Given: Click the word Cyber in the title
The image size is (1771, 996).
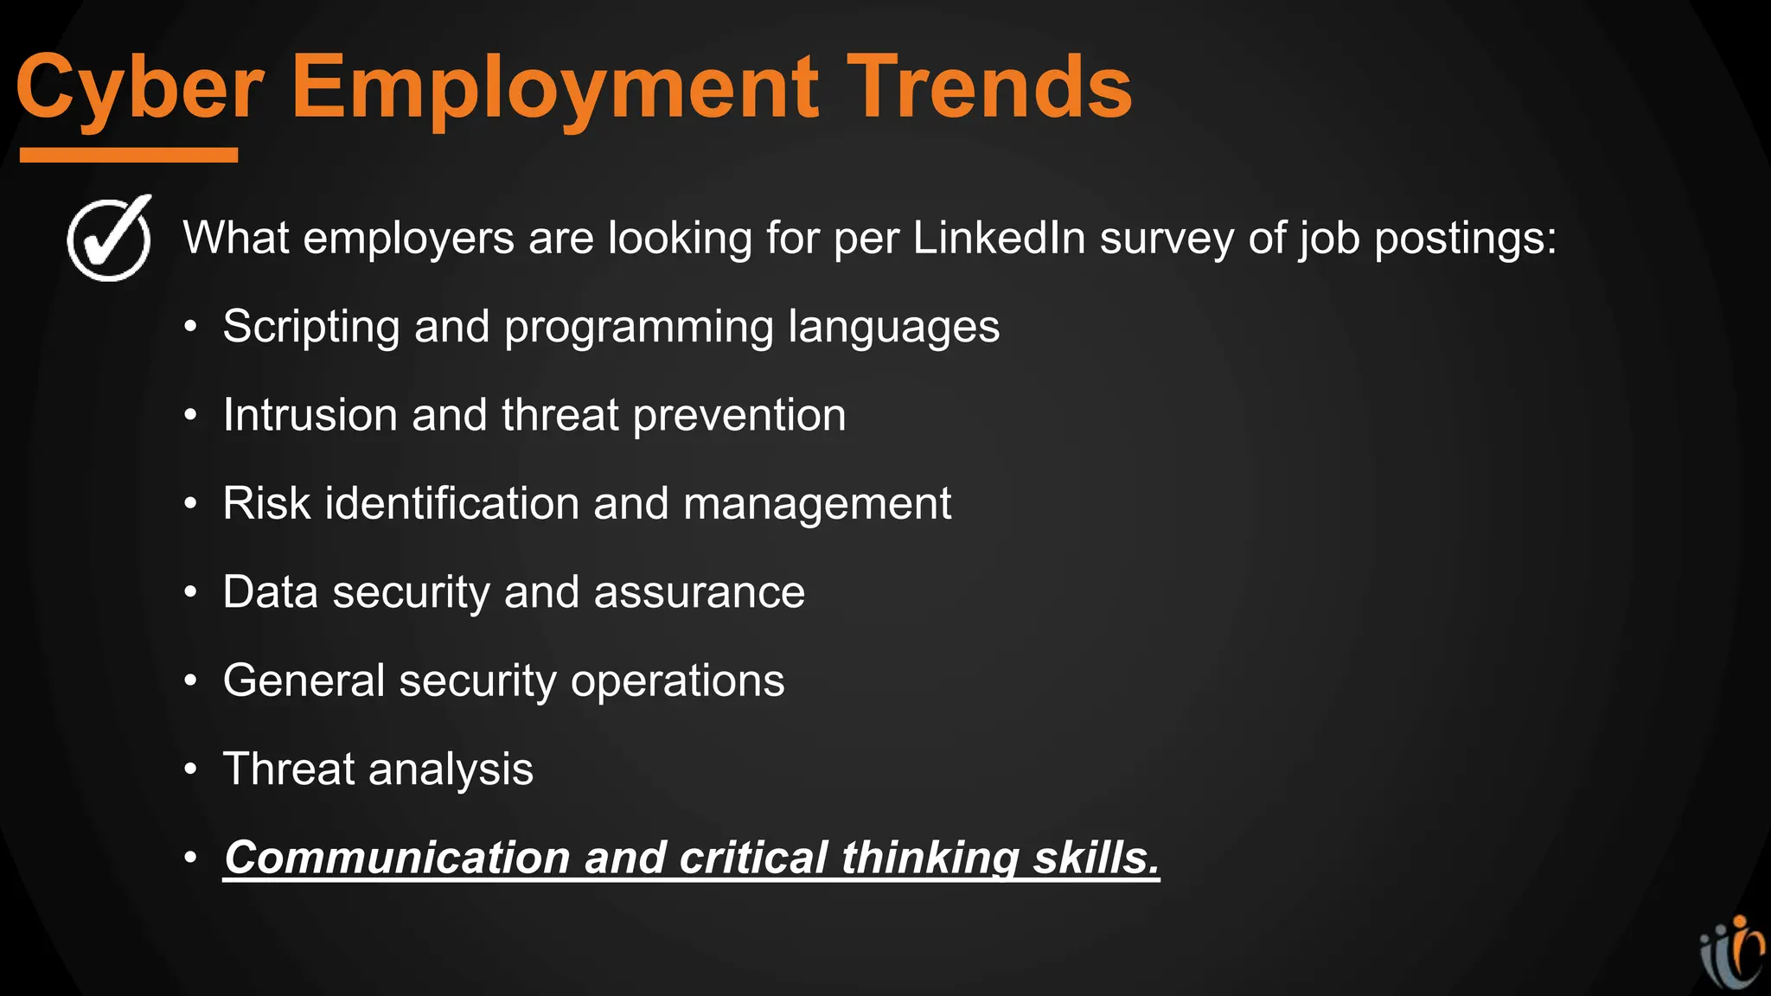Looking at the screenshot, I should pyautogui.click(x=139, y=87).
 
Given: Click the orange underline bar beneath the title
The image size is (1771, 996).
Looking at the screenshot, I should pyautogui.click(x=129, y=155).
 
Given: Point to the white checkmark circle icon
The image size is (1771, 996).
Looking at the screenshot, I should pyautogui.click(x=110, y=238).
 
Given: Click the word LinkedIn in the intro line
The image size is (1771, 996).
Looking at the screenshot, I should pyautogui.click(x=999, y=238).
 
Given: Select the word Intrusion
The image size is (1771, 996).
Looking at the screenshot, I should pyautogui.click(x=310, y=415).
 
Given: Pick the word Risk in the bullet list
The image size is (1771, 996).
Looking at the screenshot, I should pyautogui.click(x=266, y=503).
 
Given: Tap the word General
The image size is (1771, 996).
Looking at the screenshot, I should pyautogui.click(x=304, y=680).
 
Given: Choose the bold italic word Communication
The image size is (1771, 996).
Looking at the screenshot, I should pyautogui.click(x=396, y=858).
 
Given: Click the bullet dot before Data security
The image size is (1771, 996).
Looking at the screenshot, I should pyautogui.click(x=191, y=593).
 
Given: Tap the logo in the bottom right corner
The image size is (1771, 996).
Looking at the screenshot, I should pyautogui.click(x=1732, y=954).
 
